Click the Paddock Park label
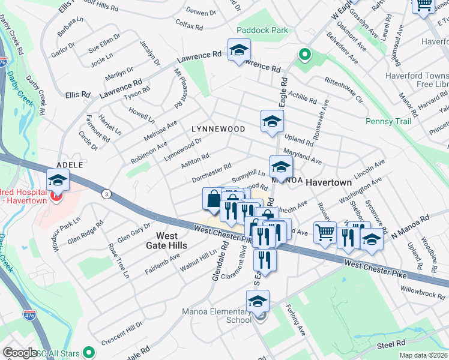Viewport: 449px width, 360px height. tap(262, 30)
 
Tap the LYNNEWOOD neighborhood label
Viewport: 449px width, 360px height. tap(218, 129)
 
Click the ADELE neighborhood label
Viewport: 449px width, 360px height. tap(68, 164)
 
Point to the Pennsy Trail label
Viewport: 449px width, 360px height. tap(388, 121)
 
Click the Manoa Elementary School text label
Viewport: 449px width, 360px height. tap(217, 316)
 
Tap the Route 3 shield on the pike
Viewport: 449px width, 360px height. tap(106, 194)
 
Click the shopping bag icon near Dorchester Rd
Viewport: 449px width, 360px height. tap(213, 198)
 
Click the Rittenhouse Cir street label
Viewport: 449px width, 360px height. tap(344, 88)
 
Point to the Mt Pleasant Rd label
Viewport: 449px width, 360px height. tap(179, 89)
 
